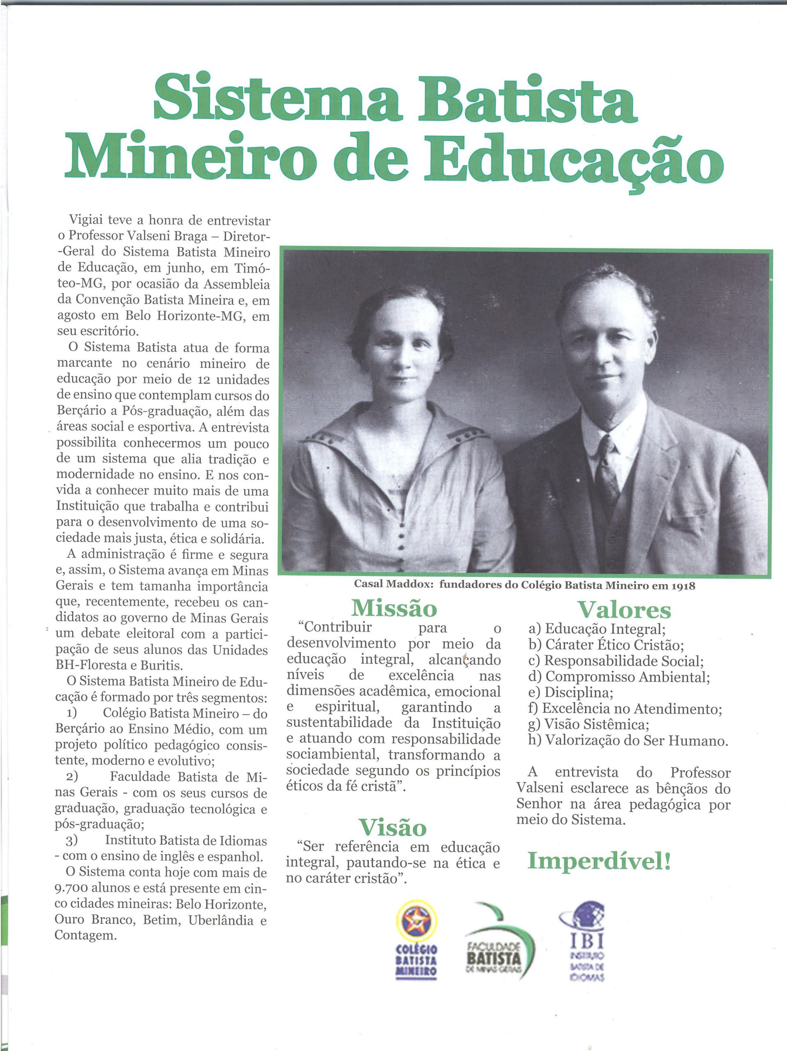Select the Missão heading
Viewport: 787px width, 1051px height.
(394, 608)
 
